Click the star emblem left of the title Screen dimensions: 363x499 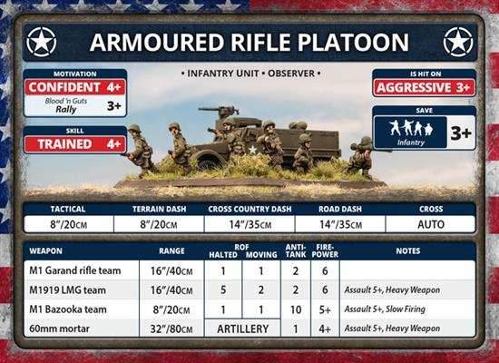pos(42,42)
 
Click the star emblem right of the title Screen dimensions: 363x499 pos(458,42)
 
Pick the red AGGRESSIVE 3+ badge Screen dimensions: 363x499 pos(424,88)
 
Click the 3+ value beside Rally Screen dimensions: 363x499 pos(113,107)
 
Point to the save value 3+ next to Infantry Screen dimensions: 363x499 pos(461,132)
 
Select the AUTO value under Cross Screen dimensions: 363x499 pos(430,223)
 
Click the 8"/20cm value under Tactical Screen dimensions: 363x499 pos(68,223)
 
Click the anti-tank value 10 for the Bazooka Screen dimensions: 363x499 pos(295,309)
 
